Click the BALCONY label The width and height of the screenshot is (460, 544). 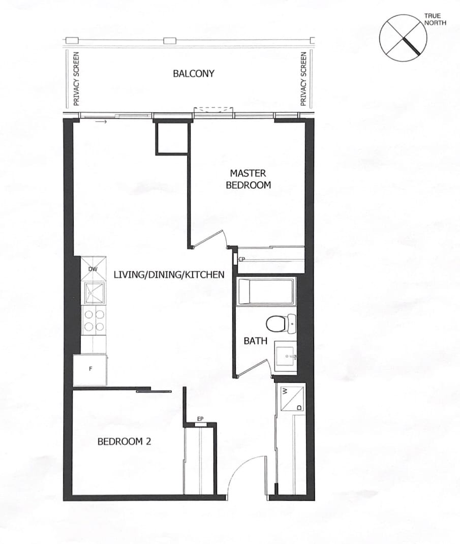[x=194, y=74]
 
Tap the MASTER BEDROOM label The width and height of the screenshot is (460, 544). [x=249, y=179]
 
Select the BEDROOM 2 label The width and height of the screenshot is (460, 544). [x=124, y=442]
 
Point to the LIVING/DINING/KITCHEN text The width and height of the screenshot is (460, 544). [x=169, y=275]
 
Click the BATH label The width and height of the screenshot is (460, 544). [x=255, y=341]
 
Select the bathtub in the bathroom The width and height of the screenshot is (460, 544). [x=266, y=291]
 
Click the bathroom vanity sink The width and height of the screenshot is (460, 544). [x=286, y=356]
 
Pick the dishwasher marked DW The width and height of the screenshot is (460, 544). [x=94, y=268]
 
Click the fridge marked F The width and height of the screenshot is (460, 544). [x=90, y=370]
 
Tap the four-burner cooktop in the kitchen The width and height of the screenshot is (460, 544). [x=94, y=320]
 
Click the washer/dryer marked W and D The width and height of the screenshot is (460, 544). [x=292, y=398]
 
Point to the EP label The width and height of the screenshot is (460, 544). [x=200, y=419]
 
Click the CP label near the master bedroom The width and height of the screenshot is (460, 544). [x=242, y=259]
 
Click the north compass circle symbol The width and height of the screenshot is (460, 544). [x=403, y=38]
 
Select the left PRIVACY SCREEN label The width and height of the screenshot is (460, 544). [x=76, y=79]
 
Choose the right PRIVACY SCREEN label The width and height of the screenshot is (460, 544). [x=303, y=79]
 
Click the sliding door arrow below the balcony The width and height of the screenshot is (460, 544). [x=103, y=122]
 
